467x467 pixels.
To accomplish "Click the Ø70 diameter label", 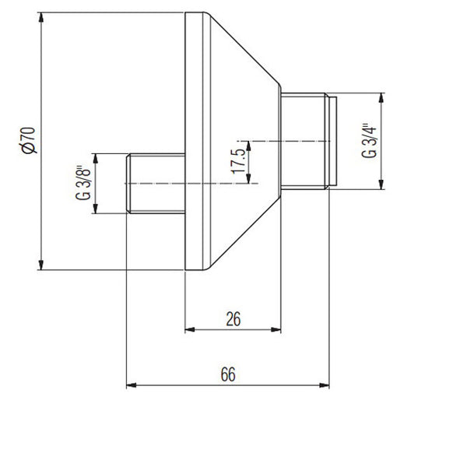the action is (x=29, y=140).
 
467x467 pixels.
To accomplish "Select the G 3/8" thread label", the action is (x=83, y=183).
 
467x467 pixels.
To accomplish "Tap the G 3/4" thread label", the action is (x=369, y=140).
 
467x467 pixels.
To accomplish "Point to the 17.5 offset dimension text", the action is (x=239, y=161).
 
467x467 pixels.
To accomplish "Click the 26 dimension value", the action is (x=233, y=319).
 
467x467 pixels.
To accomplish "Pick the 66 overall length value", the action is (x=228, y=374).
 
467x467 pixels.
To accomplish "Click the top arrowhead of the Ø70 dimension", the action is (x=41, y=17).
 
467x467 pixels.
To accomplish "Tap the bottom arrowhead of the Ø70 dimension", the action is (x=41, y=265).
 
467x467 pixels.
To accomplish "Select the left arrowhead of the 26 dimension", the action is (x=190, y=330).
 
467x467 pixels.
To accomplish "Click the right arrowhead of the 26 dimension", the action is (x=276, y=330).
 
